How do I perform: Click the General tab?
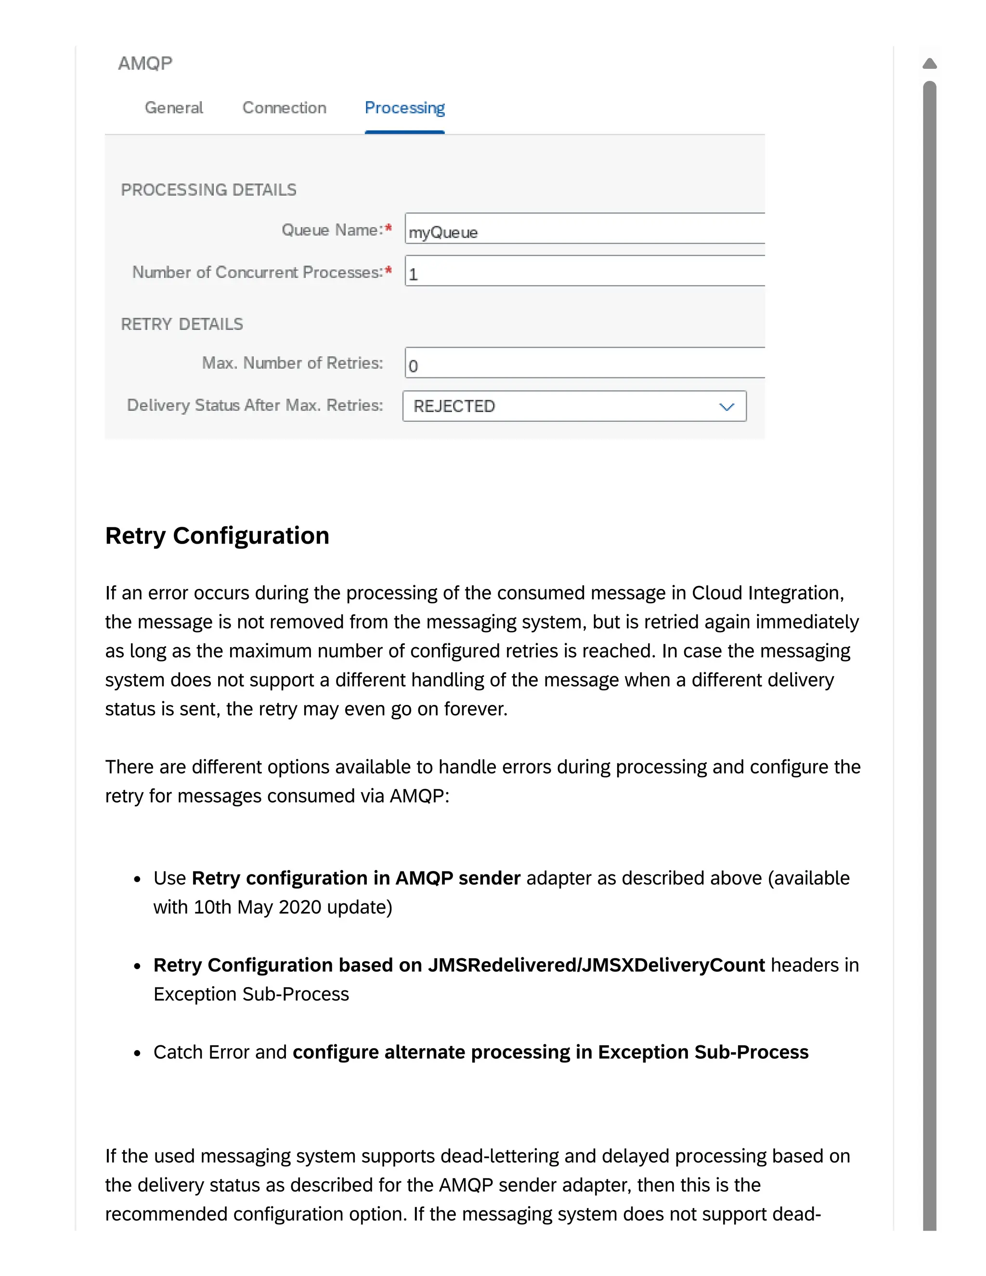point(173,107)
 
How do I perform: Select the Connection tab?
point(284,107)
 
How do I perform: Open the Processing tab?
point(404,107)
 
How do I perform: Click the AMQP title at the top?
point(145,63)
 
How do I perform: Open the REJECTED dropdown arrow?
point(726,407)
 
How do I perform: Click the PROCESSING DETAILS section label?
point(208,190)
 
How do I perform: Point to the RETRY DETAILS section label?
point(182,324)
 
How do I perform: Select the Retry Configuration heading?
point(217,536)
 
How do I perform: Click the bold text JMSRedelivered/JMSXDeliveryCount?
point(596,965)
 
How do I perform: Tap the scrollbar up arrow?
point(929,63)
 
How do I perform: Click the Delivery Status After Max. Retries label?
point(255,405)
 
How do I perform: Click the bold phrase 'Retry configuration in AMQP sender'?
point(356,878)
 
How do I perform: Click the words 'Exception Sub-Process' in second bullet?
point(251,994)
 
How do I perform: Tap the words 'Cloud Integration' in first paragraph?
point(767,593)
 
